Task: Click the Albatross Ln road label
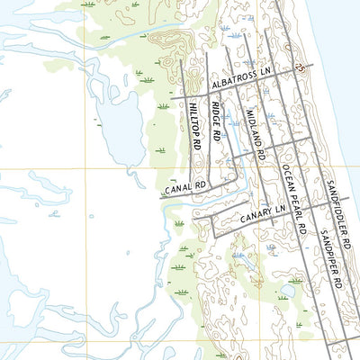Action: (240, 78)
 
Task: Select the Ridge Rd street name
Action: (216, 121)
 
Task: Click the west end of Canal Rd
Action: (163, 196)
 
